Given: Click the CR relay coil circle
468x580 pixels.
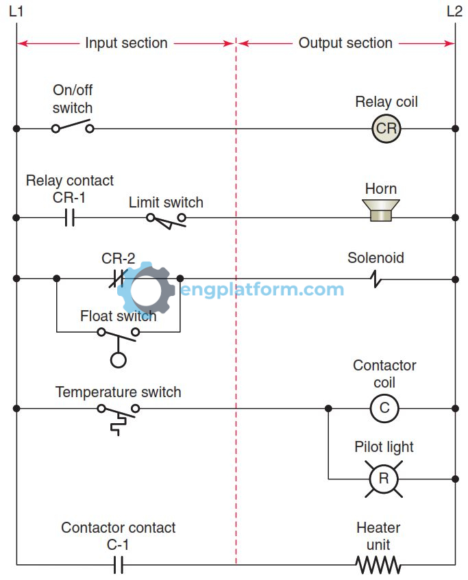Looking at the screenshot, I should [386, 129].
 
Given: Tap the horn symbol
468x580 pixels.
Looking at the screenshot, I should [381, 210].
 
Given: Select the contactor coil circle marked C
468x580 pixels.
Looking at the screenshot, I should [384, 408].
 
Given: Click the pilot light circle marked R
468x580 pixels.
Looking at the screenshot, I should [384, 479].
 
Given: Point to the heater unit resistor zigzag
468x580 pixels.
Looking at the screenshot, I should [378, 564].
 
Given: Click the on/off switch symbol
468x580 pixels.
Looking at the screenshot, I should [72, 127].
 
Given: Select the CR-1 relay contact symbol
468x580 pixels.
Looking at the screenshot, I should [69, 218].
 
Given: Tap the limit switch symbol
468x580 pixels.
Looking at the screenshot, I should [166, 219].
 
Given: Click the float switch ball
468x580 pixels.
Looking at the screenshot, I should [119, 360].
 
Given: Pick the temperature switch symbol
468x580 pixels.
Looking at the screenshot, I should [119, 414].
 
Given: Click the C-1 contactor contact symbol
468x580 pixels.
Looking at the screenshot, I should [117, 564].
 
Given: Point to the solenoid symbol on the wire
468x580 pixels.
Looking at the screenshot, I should [375, 279].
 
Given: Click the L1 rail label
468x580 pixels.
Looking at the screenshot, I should [16, 12].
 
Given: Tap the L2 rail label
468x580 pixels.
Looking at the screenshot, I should [454, 12].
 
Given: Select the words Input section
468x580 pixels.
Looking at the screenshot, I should [126, 43].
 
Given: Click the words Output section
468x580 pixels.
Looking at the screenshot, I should [345, 43].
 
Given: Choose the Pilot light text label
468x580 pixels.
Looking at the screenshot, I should [384, 447].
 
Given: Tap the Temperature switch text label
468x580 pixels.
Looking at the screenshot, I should [118, 392].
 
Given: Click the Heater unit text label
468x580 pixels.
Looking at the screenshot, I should [378, 536].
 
